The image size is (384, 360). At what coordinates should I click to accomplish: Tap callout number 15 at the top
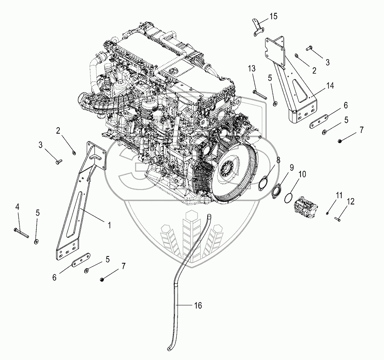(273, 17)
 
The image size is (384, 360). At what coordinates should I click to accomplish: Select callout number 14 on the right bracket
(330, 86)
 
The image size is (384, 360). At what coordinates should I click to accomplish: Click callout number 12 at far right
(351, 201)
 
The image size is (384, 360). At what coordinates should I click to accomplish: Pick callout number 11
(339, 196)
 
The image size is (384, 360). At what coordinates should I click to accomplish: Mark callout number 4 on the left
(17, 207)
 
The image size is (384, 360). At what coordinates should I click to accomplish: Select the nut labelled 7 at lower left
(102, 279)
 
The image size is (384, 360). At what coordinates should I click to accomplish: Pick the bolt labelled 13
(259, 95)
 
